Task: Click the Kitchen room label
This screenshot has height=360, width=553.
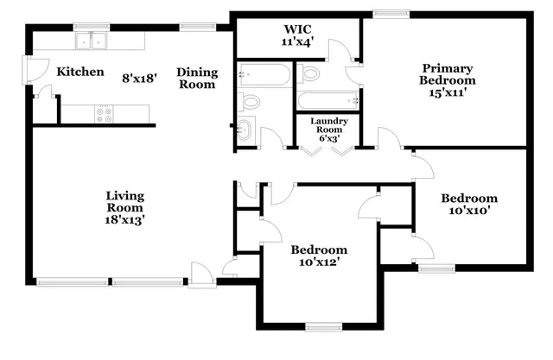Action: click(80, 73)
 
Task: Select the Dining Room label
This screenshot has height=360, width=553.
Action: click(197, 78)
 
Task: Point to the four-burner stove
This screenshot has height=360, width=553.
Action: click(105, 112)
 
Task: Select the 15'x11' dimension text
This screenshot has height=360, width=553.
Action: click(448, 93)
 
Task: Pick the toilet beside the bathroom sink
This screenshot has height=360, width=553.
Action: click(250, 102)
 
